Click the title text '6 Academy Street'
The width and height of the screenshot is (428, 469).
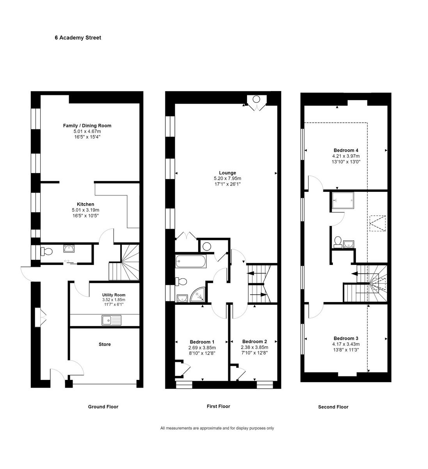coord(78,38)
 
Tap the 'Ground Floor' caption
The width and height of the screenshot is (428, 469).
coord(103,406)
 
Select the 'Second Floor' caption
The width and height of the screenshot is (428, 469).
coord(333,407)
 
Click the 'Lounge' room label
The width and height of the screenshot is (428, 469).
coord(227,173)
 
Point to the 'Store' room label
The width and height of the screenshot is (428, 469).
coord(105,344)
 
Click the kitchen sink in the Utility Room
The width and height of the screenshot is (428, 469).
coord(112,320)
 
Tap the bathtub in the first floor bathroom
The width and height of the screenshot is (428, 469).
coord(191,261)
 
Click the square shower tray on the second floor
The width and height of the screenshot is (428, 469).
coord(343,200)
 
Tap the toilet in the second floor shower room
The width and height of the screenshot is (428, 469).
coord(338,242)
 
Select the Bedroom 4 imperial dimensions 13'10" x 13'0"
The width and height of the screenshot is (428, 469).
coord(346,161)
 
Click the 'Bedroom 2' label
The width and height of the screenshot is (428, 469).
coord(254,341)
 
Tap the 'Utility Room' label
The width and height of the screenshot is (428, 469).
coord(114,295)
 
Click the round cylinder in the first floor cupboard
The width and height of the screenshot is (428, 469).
coord(206,246)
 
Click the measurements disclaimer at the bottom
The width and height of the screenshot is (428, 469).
coord(217,428)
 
